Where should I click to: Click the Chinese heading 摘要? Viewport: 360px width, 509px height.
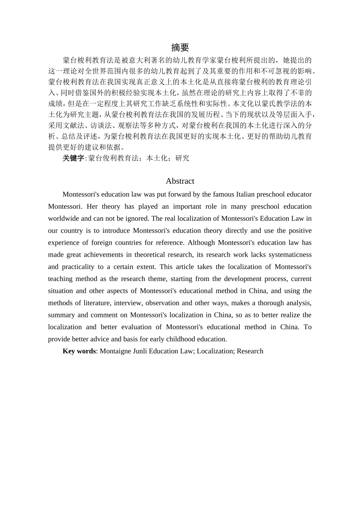pos(180,47)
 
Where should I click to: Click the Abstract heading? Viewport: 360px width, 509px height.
pos(180,181)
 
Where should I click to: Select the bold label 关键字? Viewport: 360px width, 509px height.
pos(73,158)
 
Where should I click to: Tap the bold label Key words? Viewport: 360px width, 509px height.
pos(79,351)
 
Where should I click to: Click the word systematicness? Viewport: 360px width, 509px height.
pos(289,255)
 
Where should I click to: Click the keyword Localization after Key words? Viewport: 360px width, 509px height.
pos(216,351)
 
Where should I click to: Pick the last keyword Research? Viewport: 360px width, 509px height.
pos(250,351)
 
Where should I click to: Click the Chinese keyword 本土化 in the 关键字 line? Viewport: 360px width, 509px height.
pos(157,158)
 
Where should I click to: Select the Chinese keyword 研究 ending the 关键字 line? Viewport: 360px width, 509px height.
pos(182,158)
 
